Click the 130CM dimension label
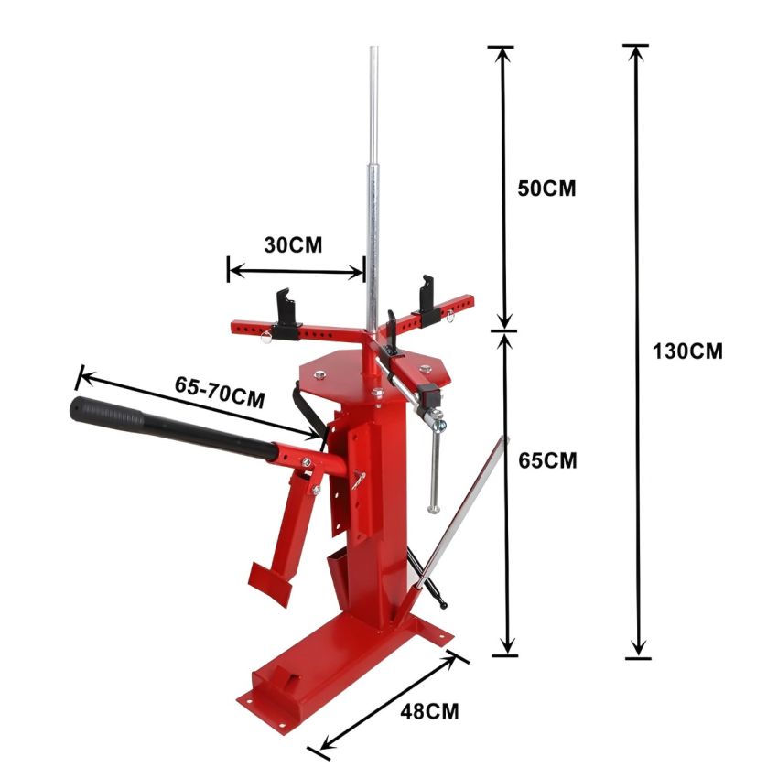pos(687,351)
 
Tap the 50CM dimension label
pos(546,189)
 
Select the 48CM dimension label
pos(429,711)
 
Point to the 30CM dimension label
pos(293,244)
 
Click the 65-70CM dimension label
pos(220,392)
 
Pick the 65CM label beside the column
pos(547,460)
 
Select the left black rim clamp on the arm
pos(285,315)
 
